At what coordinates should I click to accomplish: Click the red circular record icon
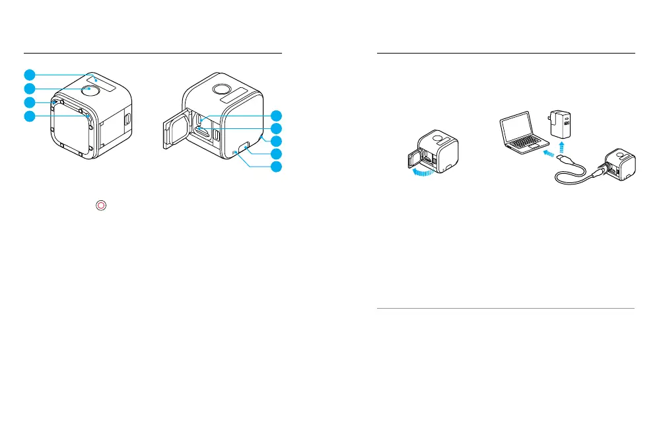click(x=100, y=206)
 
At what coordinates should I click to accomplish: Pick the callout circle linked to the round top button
click(x=29, y=88)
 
